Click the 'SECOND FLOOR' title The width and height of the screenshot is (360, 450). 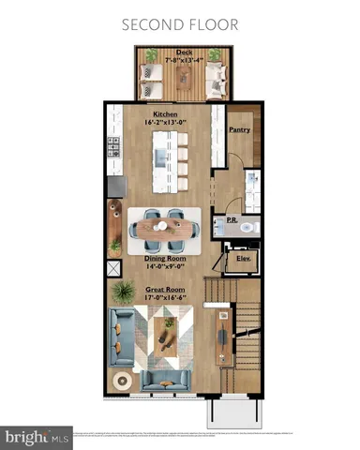[180, 23]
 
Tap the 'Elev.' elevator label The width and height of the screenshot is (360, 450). [243, 258]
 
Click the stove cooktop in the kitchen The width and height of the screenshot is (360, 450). [114, 148]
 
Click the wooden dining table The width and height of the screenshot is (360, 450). [165, 225]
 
